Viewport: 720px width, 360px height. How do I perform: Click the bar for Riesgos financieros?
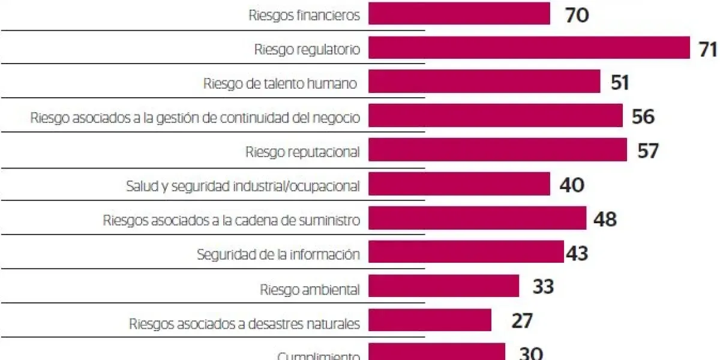pyautogui.click(x=459, y=14)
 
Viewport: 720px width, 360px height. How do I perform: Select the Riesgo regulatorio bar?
pyautogui.click(x=529, y=48)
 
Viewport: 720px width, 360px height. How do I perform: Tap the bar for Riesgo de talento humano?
pyautogui.click(x=484, y=82)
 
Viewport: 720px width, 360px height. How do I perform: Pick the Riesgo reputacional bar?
pyautogui.click(x=497, y=150)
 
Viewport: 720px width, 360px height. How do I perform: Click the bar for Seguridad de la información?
pyautogui.click(x=466, y=253)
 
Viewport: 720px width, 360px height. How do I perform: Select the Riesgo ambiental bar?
pyautogui.click(x=443, y=286)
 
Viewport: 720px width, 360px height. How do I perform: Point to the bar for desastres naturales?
pyautogui.click(x=430, y=320)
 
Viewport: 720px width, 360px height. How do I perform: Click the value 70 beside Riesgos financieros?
pyautogui.click(x=577, y=15)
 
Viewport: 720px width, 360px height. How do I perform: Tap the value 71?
pyautogui.click(x=708, y=49)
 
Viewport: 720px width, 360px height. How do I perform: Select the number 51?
pyautogui.click(x=619, y=83)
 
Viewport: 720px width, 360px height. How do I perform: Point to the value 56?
pyautogui.click(x=643, y=116)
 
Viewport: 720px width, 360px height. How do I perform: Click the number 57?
pyautogui.click(x=647, y=151)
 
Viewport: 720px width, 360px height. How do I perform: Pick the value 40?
pyautogui.click(x=571, y=185)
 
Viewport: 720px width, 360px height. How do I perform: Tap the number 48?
pyautogui.click(x=604, y=219)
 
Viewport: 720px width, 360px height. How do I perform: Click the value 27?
pyautogui.click(x=521, y=321)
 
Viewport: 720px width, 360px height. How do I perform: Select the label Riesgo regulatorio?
pyautogui.click(x=307, y=50)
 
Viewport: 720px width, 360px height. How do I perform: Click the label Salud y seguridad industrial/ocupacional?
pyautogui.click(x=243, y=186)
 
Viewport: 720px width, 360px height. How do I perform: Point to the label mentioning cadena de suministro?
pyautogui.click(x=232, y=220)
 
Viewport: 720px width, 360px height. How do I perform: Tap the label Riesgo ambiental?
pyautogui.click(x=310, y=290)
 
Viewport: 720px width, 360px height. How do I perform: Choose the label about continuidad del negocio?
pyautogui.click(x=196, y=118)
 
